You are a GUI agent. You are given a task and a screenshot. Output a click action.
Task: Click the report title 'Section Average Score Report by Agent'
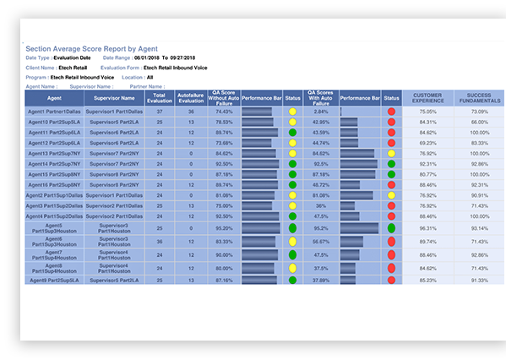(88, 50)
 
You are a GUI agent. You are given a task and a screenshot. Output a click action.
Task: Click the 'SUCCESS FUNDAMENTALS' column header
(479, 99)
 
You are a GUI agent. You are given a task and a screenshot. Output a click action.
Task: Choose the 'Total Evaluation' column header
(160, 99)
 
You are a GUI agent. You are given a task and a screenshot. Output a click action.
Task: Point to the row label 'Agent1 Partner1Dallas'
(55, 112)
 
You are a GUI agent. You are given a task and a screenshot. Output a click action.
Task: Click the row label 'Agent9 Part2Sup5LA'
(55, 280)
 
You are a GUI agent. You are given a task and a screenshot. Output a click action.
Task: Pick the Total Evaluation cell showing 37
(160, 112)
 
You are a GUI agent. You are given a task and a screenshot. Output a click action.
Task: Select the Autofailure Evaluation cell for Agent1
(191, 112)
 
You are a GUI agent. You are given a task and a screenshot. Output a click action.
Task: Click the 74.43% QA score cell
(224, 112)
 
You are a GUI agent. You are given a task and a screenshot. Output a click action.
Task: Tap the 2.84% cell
(321, 112)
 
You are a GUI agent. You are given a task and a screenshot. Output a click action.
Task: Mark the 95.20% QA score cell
(224, 228)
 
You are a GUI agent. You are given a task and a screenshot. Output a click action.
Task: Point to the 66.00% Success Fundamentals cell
(479, 122)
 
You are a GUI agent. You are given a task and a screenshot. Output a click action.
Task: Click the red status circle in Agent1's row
(391, 112)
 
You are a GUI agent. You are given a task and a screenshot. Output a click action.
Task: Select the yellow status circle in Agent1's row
(292, 112)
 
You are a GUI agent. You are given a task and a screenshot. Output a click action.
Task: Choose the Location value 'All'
(150, 76)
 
